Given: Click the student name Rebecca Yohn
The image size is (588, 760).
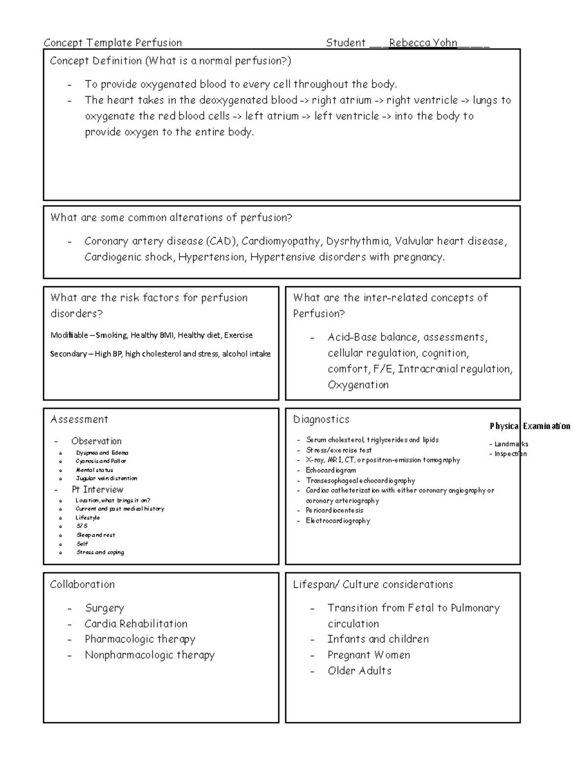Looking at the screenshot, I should (423, 43).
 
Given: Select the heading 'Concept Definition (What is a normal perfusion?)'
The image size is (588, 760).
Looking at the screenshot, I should (171, 61).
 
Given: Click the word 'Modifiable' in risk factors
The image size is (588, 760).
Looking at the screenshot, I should (69, 335).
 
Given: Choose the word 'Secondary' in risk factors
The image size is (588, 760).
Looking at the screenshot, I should (68, 354).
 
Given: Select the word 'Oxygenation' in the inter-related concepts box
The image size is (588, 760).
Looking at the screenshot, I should (358, 385).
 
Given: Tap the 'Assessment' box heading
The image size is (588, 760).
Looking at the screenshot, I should (79, 419).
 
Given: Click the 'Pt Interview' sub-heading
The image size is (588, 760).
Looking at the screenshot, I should (98, 489).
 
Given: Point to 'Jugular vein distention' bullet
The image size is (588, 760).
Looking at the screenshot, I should (106, 479).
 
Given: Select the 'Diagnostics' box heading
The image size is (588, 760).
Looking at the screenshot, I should (321, 419).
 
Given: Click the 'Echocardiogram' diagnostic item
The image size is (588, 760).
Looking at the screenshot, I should (331, 470).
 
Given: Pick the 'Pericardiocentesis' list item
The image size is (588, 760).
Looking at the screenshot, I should (335, 510).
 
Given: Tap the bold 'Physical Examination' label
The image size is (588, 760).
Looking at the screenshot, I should (530, 426).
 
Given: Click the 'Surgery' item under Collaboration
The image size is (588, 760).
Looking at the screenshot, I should (104, 608).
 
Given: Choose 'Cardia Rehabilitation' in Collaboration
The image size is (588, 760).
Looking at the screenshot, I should (136, 624).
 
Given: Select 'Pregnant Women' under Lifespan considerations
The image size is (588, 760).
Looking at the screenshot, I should (368, 655).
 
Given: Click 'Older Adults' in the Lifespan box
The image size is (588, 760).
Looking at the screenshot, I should (359, 671).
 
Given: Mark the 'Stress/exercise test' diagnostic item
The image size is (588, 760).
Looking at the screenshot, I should (339, 450).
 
